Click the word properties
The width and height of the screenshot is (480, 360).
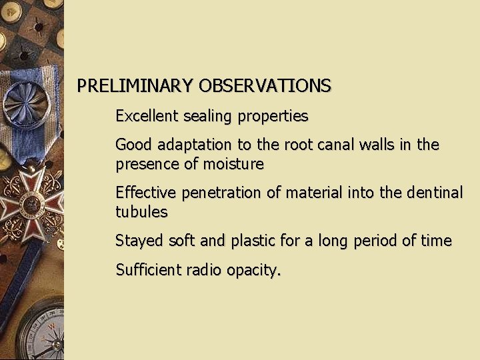click(x=271, y=117)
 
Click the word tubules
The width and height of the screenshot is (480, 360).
click(x=141, y=212)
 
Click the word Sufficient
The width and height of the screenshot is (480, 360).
click(x=146, y=270)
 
